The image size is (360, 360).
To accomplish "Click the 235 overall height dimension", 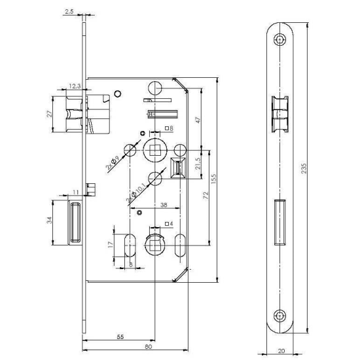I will (x=321, y=168).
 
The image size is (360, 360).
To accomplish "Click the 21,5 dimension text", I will (x=196, y=160).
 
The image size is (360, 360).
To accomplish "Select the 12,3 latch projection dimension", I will (x=75, y=86).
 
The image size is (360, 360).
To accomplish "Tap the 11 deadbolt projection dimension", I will (x=76, y=192).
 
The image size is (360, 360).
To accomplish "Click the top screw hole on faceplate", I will (x=281, y=40).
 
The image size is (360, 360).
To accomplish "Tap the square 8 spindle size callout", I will (x=169, y=128).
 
